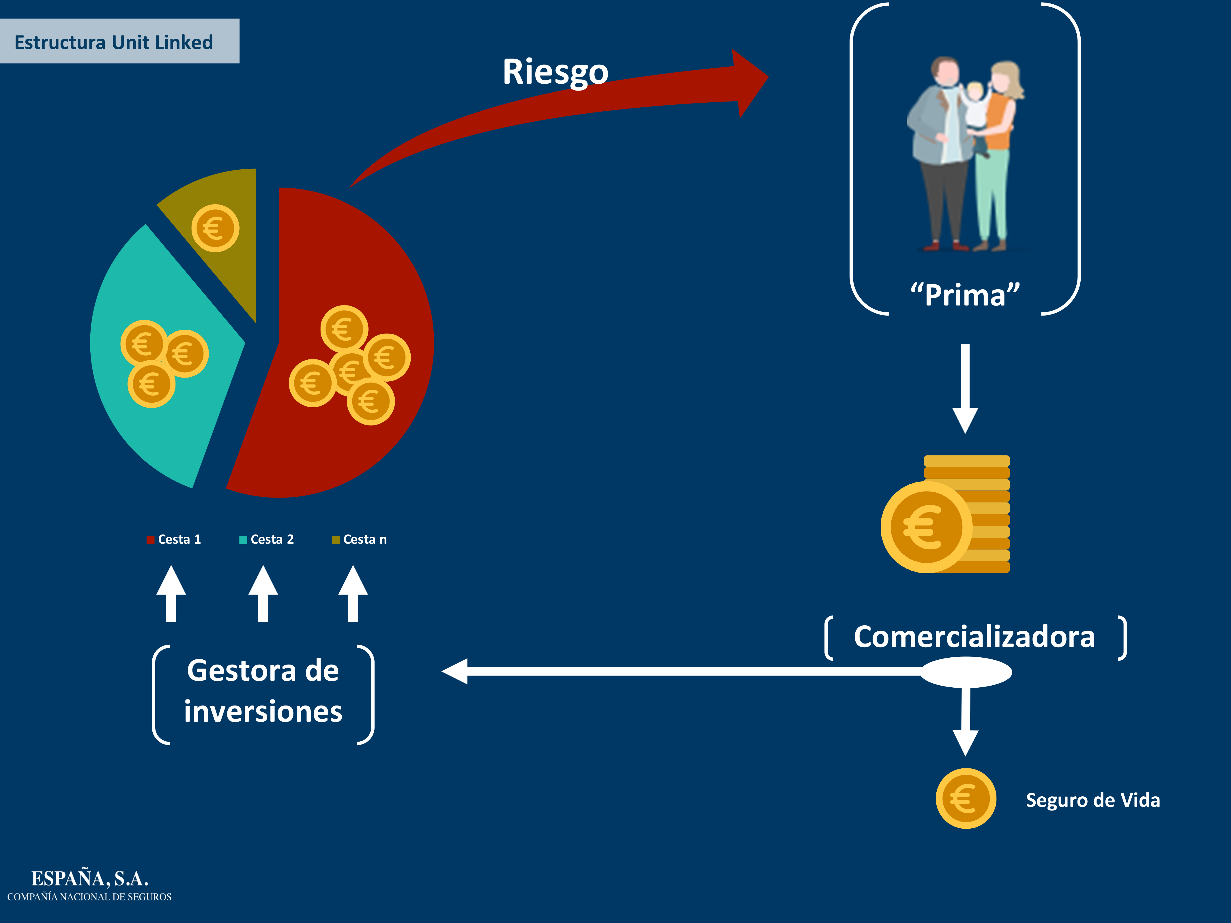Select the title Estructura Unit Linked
tap(113, 42)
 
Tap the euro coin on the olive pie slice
tap(215, 228)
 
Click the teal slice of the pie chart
tap(161, 356)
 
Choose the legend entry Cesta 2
tap(267, 539)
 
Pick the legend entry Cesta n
tap(360, 539)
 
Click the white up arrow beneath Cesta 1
tap(171, 594)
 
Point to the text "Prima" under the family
tap(965, 295)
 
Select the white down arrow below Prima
tap(966, 389)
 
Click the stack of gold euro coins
tap(946, 514)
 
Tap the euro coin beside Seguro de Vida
tap(966, 798)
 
